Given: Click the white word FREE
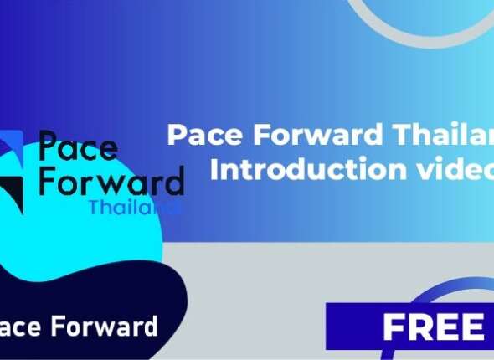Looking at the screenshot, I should [x=432, y=327].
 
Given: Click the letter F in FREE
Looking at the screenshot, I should [x=393, y=327].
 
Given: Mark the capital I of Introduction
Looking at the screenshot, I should [x=215, y=168].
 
